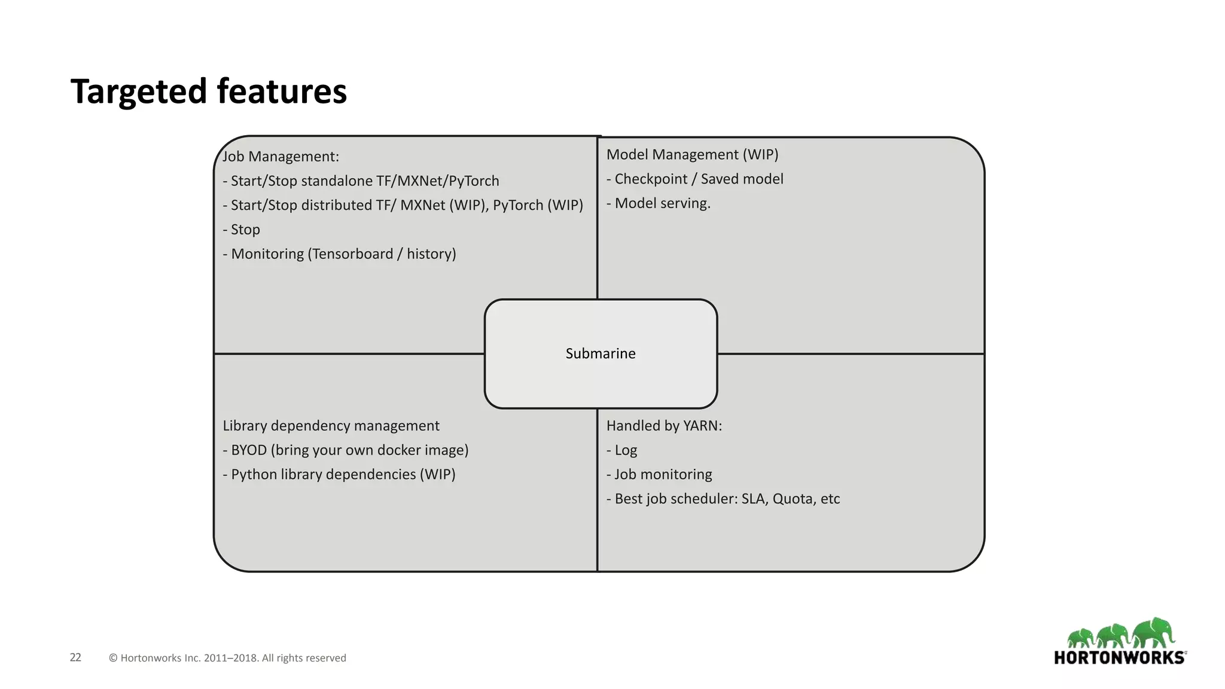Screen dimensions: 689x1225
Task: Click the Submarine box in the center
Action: tap(601, 353)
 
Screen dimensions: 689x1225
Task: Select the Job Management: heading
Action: tap(281, 157)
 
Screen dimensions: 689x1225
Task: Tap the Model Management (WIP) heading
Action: tap(692, 154)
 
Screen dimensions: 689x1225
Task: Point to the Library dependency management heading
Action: tap(331, 426)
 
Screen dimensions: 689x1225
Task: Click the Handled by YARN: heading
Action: tap(664, 426)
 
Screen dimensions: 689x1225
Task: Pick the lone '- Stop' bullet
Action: tap(242, 230)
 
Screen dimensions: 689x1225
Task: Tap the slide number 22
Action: tap(75, 657)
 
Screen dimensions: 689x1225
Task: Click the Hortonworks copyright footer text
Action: tap(227, 658)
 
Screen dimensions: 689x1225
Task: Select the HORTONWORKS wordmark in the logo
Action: tap(1119, 658)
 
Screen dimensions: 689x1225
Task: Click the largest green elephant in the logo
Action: tap(1154, 632)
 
